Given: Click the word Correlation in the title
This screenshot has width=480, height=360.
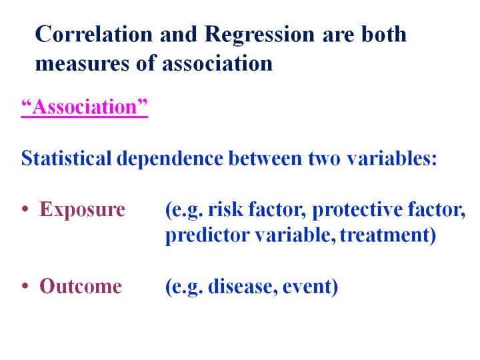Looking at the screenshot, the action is click(x=94, y=34).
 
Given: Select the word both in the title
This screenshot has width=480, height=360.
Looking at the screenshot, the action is click(x=384, y=33).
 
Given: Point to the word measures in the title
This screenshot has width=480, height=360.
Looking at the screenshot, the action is click(x=83, y=64).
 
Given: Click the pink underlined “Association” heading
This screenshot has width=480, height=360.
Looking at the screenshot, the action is click(x=85, y=107).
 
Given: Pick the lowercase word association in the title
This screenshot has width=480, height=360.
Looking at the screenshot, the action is click(x=217, y=63).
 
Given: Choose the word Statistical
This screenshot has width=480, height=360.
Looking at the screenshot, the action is click(x=66, y=158).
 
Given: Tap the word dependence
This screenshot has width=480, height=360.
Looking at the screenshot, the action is click(x=170, y=159).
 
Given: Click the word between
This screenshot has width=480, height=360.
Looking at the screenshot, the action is click(x=265, y=158).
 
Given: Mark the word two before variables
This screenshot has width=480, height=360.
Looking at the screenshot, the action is click(x=324, y=159).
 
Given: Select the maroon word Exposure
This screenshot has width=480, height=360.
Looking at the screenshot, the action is click(x=83, y=210).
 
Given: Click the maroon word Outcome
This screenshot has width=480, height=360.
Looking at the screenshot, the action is click(x=81, y=286).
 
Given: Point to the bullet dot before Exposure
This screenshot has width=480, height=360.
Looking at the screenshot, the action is click(x=25, y=210).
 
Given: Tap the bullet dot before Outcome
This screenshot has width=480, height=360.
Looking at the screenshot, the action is click(x=25, y=286).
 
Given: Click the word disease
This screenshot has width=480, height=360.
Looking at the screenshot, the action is click(x=243, y=286).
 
